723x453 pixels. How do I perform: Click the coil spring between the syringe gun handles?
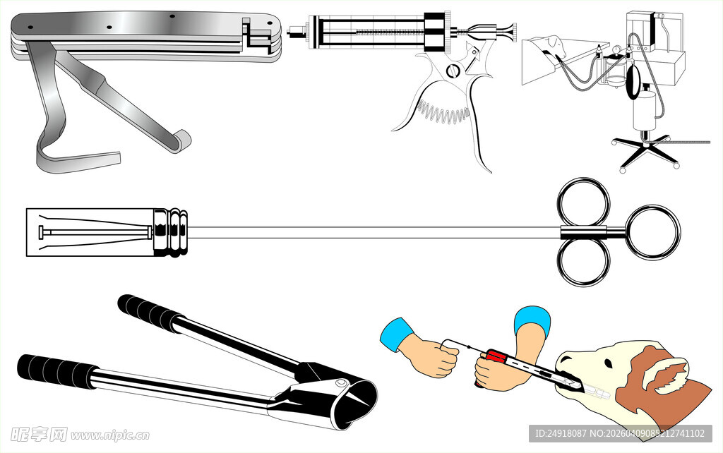(443, 112)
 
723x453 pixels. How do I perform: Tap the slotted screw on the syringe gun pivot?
(453, 71)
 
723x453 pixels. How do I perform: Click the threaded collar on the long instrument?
(171, 232)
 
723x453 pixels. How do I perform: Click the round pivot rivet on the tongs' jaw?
(342, 383)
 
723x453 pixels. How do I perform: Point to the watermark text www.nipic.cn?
(109, 435)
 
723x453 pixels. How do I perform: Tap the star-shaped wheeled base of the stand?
(646, 150)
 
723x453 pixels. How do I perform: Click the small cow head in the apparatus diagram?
(554, 44)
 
